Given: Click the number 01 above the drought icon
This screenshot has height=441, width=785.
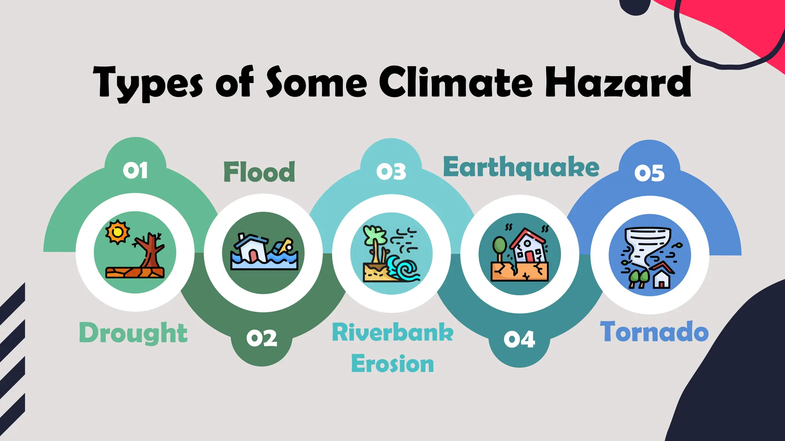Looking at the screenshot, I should [135, 170].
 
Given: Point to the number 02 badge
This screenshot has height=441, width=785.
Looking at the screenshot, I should [262, 338].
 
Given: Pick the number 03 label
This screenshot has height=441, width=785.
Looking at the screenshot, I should [391, 172].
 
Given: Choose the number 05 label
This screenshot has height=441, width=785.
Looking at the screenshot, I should [649, 173].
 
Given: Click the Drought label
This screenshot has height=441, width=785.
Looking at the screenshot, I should [133, 333].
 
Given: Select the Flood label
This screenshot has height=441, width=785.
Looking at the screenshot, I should [259, 172].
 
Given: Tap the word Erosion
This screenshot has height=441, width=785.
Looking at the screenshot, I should [392, 364].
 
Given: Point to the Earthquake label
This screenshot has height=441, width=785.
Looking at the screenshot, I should [521, 167].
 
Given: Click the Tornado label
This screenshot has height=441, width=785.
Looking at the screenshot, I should [654, 332].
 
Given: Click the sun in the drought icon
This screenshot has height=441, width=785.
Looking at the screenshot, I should [118, 232].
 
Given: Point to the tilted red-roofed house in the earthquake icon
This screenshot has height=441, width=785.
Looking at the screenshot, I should [529, 245].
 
